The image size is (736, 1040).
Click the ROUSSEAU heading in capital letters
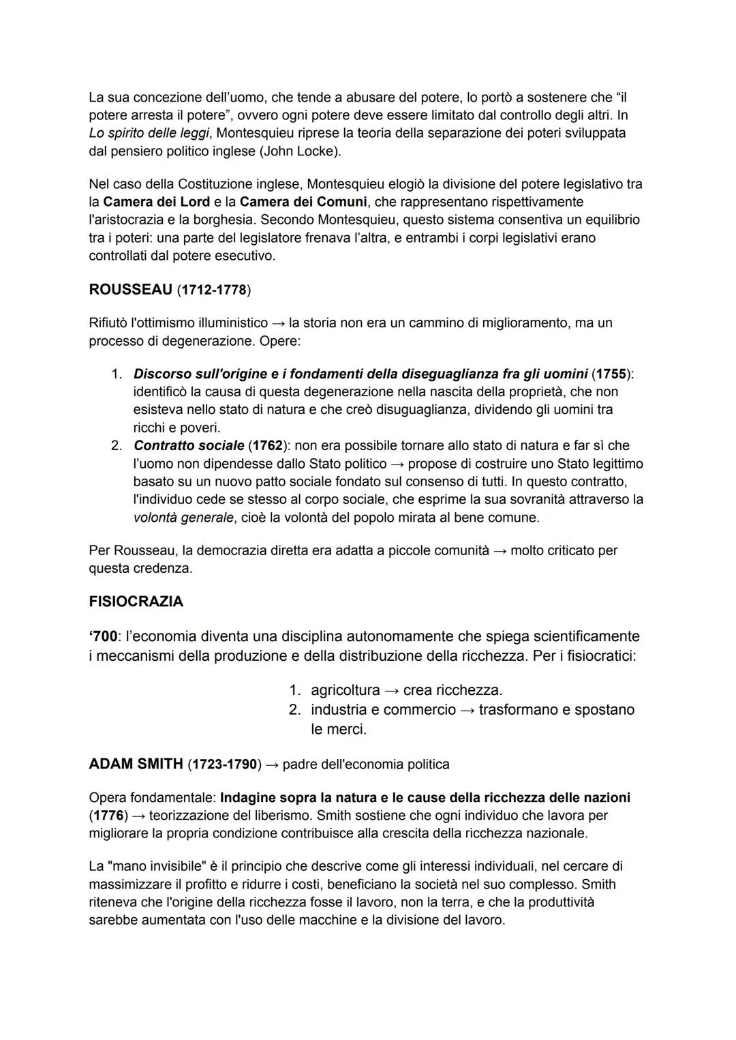(x=130, y=289)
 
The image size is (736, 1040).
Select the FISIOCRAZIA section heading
(x=136, y=601)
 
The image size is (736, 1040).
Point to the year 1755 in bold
(x=611, y=374)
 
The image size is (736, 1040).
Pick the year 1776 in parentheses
(x=109, y=815)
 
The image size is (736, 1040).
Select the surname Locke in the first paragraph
(x=316, y=151)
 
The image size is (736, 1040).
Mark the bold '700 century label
(x=103, y=636)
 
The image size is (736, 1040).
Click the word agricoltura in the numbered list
(x=345, y=689)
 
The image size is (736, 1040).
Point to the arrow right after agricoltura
(x=392, y=689)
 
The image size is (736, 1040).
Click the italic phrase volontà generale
(x=183, y=517)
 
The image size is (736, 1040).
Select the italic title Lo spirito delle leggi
(x=148, y=133)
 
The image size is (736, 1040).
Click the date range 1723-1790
(x=224, y=764)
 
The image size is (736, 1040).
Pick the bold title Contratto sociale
(x=189, y=445)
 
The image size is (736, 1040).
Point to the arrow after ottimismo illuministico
(x=279, y=322)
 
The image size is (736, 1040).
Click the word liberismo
(x=281, y=815)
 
